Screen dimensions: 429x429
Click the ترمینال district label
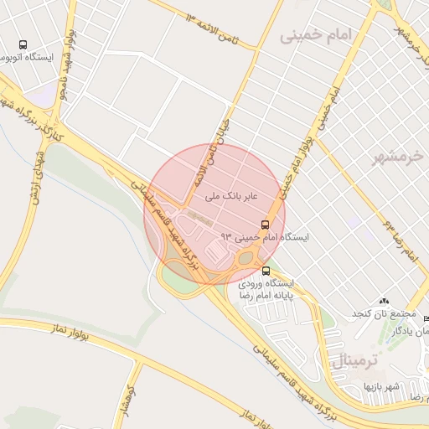point(357,360)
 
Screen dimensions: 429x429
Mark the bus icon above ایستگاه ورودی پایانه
point(266,271)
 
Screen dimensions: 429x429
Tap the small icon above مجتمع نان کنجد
point(385,301)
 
